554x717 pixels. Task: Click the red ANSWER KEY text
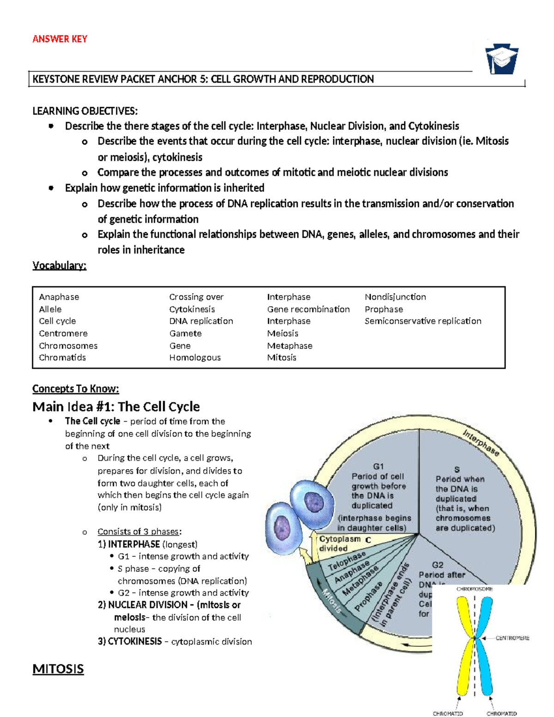pos(60,39)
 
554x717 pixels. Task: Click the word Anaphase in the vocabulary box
pos(59,297)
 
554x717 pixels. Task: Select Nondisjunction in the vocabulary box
pos(395,297)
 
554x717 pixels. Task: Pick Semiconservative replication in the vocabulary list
pos(422,321)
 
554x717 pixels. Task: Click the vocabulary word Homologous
pos(194,357)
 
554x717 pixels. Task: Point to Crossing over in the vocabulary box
pos(196,297)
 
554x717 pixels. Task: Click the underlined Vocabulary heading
pos(59,265)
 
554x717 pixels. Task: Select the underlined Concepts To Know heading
pos(75,389)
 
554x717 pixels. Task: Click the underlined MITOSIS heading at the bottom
pos(58,669)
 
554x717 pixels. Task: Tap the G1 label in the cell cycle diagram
pos(378,466)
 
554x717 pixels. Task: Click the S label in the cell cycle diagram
pos(457,470)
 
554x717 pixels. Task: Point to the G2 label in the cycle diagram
pos(437,565)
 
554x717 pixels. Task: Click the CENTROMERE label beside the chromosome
pos(512,638)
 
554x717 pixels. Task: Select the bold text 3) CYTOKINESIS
pos(130,641)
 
